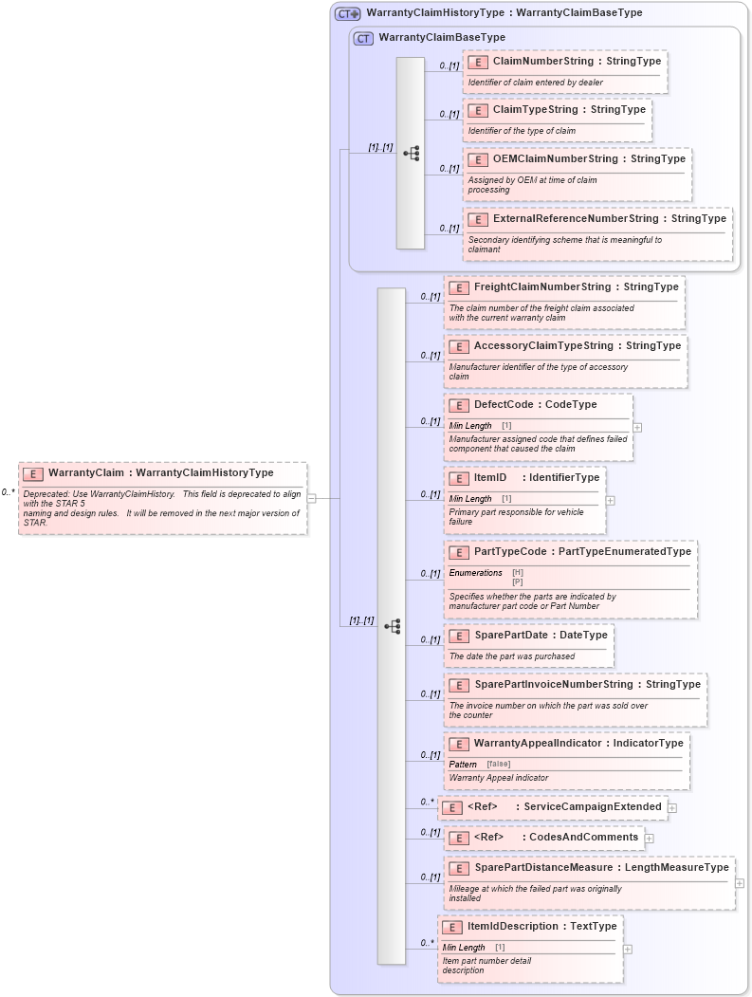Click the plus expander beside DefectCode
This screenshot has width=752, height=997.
[x=637, y=427]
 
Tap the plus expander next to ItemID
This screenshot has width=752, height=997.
[x=610, y=500]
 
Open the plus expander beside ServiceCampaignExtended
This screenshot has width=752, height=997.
[x=672, y=807]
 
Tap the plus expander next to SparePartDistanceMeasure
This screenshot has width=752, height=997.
[x=740, y=883]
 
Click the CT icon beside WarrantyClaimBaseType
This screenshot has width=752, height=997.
[x=363, y=38]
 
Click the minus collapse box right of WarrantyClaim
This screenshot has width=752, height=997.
[x=311, y=498]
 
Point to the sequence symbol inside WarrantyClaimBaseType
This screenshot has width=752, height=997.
[x=411, y=153]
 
